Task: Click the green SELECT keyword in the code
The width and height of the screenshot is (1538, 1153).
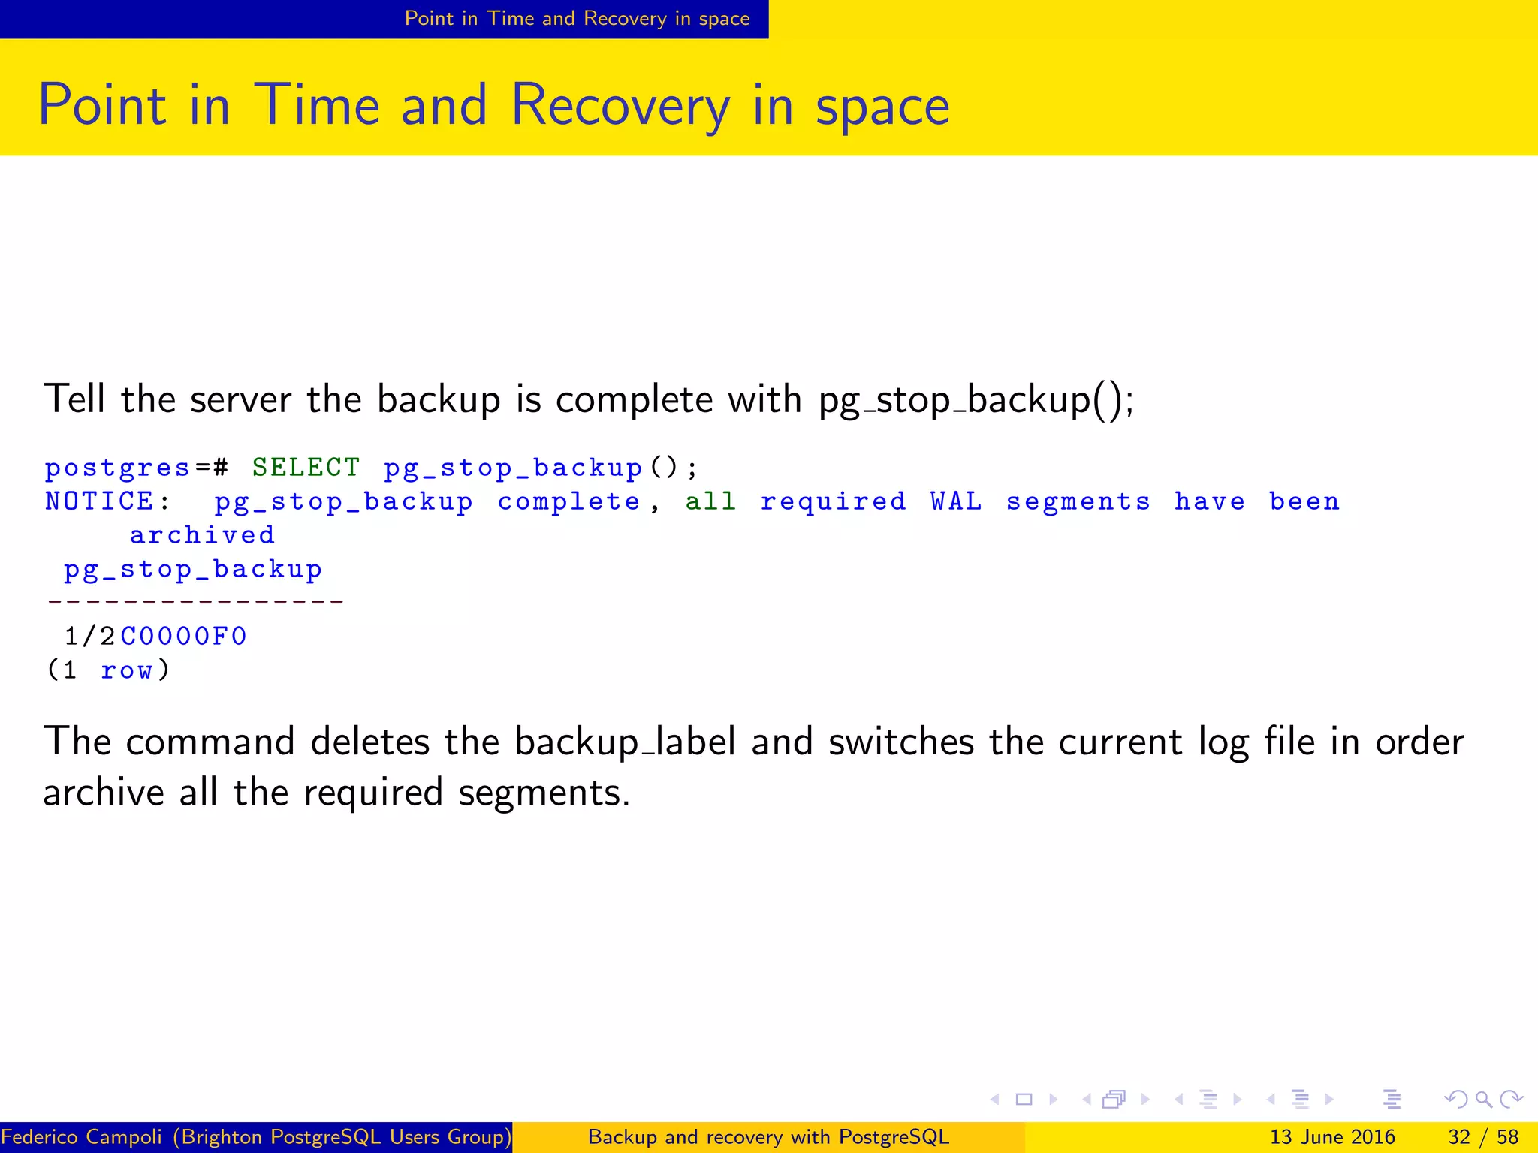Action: tap(306, 468)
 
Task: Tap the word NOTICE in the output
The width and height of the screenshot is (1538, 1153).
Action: tap(99, 501)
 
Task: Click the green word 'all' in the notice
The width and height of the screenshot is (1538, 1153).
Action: tap(710, 501)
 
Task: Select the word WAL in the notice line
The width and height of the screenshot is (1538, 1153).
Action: tap(956, 501)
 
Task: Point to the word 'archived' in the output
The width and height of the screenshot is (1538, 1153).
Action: tap(202, 535)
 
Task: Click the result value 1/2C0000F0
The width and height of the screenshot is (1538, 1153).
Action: tap(155, 637)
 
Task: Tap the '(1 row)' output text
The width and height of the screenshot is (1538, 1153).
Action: tap(109, 670)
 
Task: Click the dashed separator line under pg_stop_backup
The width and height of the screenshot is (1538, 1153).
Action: tap(195, 602)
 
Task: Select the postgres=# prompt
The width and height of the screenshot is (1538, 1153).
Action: tap(136, 468)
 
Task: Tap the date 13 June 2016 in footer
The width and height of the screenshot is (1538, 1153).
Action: tap(1331, 1137)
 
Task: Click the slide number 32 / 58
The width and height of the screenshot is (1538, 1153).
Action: tap(1482, 1137)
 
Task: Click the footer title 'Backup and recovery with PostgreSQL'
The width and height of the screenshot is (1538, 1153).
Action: tap(768, 1137)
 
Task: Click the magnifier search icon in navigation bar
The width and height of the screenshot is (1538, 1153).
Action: tap(1483, 1100)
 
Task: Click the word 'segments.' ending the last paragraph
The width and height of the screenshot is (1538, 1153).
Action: tap(544, 793)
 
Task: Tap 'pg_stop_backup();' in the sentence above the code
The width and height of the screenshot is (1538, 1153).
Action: tap(976, 399)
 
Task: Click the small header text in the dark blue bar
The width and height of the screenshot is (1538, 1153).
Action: tap(577, 19)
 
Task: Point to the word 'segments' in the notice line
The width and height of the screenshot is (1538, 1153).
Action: tap(1078, 501)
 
